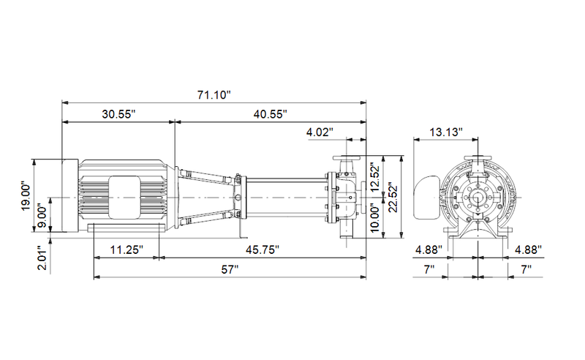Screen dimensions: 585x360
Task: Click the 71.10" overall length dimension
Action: coord(214,95)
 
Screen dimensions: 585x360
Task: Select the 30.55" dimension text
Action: coord(118,114)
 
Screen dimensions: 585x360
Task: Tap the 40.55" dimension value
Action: coord(270,114)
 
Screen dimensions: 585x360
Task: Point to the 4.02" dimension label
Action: coord(320,132)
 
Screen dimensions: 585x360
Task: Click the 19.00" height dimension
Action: coord(26,196)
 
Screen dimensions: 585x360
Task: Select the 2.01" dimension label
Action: coord(43,258)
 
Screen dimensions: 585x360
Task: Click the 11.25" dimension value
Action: coord(127,250)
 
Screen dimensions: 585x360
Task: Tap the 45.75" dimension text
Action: coord(263,250)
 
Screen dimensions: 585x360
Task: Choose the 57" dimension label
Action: coord(230,269)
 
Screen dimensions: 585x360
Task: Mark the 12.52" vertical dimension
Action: coord(375,176)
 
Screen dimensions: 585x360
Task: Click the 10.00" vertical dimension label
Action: coord(375,217)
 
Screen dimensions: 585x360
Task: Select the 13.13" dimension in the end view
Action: coord(446,132)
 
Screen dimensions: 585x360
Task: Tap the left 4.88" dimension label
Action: coord(429,250)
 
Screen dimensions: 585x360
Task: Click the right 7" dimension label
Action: coord(526,269)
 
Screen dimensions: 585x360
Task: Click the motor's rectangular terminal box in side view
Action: coord(124,197)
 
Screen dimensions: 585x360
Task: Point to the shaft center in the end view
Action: coord(478,197)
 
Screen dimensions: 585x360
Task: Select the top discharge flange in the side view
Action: coord(347,157)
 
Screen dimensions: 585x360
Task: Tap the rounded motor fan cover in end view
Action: coord(427,197)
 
